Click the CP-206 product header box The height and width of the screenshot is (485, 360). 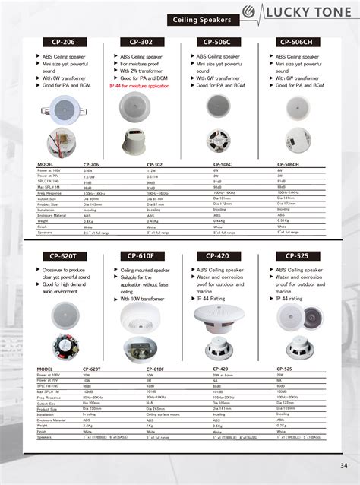click(62, 43)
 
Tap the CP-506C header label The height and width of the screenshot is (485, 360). click(218, 43)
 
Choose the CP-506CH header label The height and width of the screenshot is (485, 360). click(297, 43)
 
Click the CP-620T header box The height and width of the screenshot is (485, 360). click(62, 256)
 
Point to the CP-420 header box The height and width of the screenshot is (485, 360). click(218, 256)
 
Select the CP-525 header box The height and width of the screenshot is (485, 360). click(297, 256)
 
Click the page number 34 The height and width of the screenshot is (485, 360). click(344, 465)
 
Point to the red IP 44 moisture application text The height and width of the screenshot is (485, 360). click(140, 86)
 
